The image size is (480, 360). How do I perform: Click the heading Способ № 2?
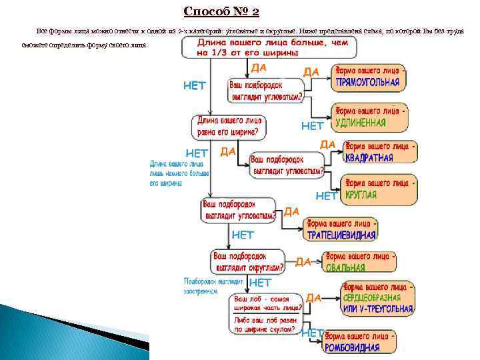(x=221, y=11)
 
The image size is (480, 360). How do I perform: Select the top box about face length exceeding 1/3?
(x=269, y=47)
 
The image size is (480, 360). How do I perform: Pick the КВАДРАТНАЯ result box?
(x=379, y=153)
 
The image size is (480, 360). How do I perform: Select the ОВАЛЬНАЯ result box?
(x=359, y=261)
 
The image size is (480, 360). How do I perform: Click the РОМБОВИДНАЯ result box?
(x=359, y=340)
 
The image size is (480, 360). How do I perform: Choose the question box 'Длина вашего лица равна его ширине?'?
(x=229, y=125)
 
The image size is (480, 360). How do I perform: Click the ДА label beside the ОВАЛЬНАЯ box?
(x=303, y=261)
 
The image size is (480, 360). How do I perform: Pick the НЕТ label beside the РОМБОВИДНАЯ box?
(x=311, y=333)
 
